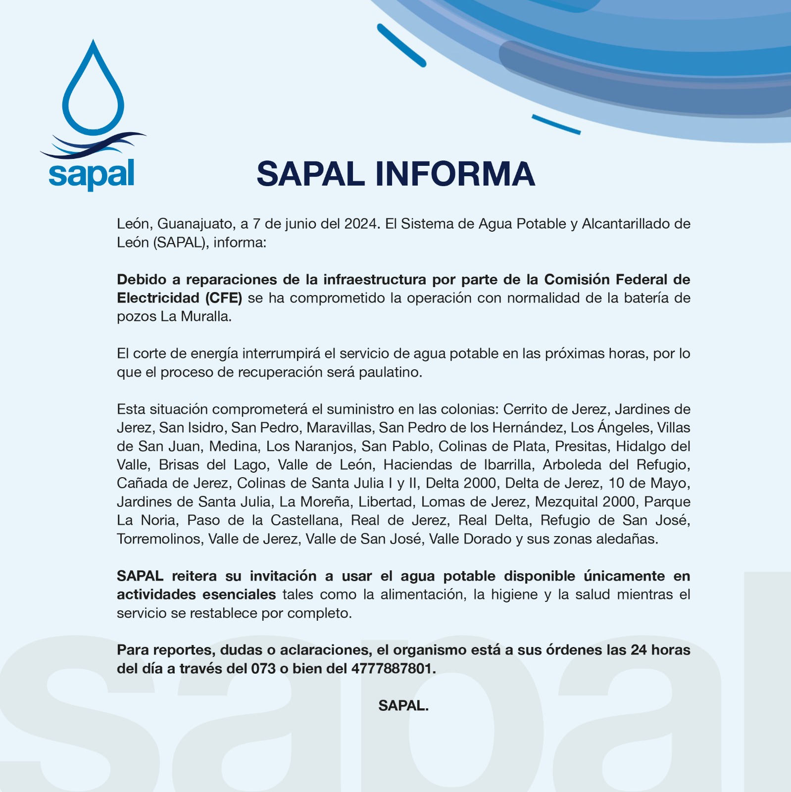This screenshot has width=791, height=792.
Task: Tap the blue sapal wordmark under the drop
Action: pos(92,174)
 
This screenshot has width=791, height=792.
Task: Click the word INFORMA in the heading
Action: pos(455,174)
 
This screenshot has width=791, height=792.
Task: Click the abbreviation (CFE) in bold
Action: pos(223,298)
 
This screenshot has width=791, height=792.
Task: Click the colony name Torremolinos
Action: pos(159,539)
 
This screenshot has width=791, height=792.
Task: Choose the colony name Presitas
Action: pos(581,446)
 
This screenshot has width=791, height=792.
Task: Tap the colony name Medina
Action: pos(233,446)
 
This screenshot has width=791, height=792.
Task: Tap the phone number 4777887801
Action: pos(393,669)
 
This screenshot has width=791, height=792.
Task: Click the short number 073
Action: pos(263,669)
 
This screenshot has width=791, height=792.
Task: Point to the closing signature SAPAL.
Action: pos(403,706)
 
